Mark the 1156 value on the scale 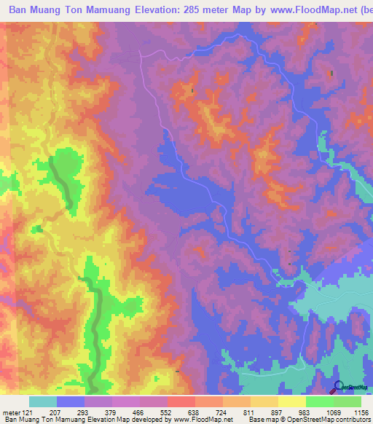pos(360,412)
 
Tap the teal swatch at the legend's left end pos(42,401)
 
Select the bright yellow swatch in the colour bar pos(291,401)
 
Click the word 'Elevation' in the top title pos(146,11)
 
